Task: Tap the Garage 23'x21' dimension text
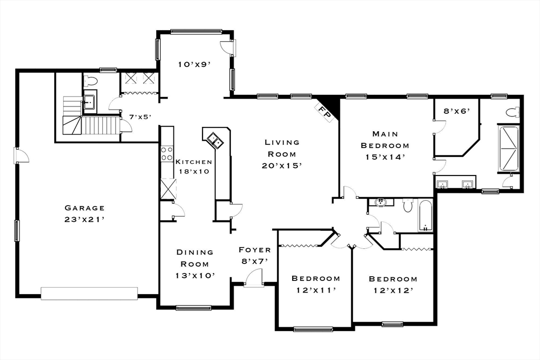84,219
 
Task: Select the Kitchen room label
194,162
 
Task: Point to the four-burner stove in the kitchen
167,153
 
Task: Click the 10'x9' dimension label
194,64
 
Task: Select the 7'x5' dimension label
140,117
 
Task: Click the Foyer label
255,250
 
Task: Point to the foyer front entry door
253,277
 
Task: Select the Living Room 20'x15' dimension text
282,166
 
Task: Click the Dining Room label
195,258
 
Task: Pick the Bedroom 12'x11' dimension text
316,290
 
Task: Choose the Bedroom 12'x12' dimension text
393,291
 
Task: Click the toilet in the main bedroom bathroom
513,112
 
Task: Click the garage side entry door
21,155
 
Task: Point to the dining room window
190,308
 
